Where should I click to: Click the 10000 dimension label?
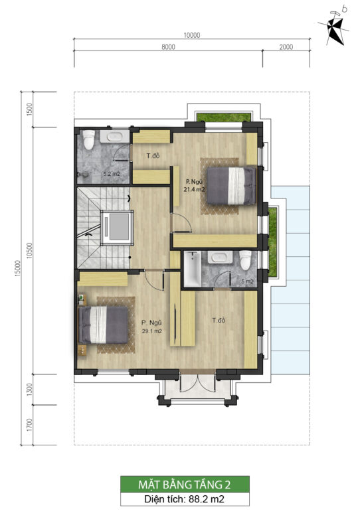coord(191,35)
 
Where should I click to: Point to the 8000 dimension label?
coord(168,47)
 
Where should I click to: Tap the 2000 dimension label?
coord(286,47)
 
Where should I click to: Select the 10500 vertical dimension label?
coord(29,250)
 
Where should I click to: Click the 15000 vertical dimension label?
coord(18,268)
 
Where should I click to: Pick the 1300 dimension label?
coord(29,390)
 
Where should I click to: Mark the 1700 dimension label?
coord(29,425)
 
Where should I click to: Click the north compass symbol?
coord(335,27)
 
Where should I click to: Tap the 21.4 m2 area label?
coord(194,190)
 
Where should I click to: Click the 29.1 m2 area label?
coord(152,331)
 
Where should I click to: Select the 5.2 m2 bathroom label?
coord(112,174)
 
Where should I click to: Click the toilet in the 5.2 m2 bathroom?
coord(89,139)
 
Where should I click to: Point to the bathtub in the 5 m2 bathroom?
coord(192,269)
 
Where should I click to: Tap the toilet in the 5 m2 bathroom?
coord(245,260)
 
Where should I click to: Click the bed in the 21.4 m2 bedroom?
coord(231,186)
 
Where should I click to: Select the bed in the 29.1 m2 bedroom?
coord(104,325)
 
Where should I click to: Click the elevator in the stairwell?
coord(117,226)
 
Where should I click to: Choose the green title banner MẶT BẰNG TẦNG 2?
coord(185,485)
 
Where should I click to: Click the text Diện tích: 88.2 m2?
coord(185,499)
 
